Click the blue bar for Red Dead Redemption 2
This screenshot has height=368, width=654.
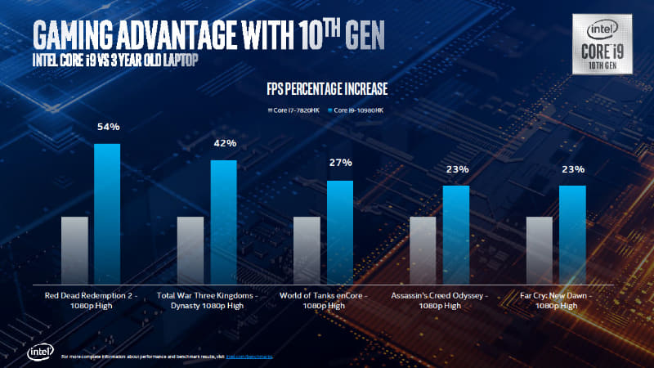coord(107,212)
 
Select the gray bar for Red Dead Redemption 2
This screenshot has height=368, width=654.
coord(74,249)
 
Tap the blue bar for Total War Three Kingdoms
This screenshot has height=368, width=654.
coord(223,220)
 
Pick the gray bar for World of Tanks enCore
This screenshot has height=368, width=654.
coord(306,249)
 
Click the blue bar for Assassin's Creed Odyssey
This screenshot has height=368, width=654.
coord(456,233)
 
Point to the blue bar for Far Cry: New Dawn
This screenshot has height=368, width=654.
coord(572,233)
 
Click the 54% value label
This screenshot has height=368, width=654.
coord(109,127)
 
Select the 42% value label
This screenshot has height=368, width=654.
coord(225,143)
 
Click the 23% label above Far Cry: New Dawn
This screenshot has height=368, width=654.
coord(573,170)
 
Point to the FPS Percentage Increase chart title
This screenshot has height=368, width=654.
coord(326,88)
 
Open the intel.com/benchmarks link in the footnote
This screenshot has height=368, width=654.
coord(249,357)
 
